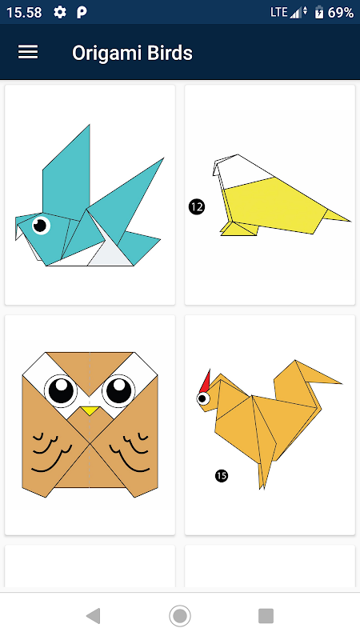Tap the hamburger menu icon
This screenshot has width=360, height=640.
tap(28, 52)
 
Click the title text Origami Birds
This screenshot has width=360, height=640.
tap(132, 53)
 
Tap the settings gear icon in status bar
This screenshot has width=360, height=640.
tap(59, 13)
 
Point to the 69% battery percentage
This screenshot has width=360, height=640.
tap(341, 13)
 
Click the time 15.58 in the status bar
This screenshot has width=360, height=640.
tap(24, 13)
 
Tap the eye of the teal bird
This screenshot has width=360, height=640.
tap(41, 225)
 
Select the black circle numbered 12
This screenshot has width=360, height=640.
tap(197, 207)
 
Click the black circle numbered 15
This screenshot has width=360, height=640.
tap(222, 475)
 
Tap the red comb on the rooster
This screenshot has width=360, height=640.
tap(205, 382)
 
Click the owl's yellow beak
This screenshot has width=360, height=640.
tap(90, 410)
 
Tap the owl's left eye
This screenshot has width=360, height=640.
tap(62, 389)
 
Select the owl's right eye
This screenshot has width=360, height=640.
tap(118, 389)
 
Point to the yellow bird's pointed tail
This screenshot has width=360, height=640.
tap(337, 216)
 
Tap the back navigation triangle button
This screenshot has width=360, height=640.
tap(94, 615)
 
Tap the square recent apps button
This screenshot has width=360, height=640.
tap(266, 615)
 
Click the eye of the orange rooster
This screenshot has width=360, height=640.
tap(203, 398)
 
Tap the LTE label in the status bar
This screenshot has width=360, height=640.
tap(279, 12)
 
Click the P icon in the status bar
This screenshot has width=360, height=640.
tap(82, 13)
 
